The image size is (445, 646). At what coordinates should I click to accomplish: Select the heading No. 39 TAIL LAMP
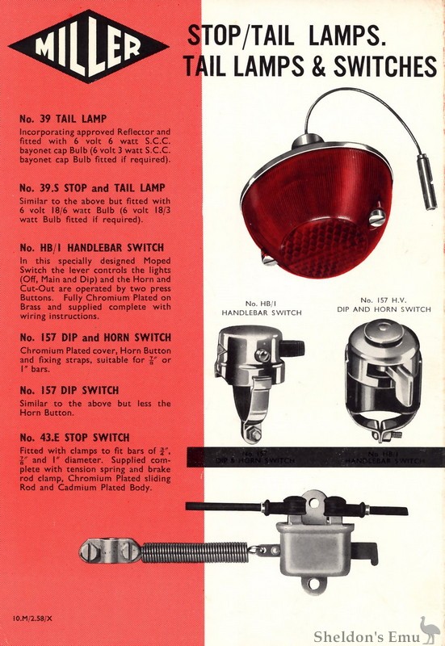click(x=61, y=118)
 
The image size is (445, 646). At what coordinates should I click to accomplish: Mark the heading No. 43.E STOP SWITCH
click(x=76, y=437)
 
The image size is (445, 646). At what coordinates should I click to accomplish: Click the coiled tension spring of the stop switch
click(x=195, y=552)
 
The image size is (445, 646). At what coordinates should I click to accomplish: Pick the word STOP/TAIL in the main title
click(x=236, y=35)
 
